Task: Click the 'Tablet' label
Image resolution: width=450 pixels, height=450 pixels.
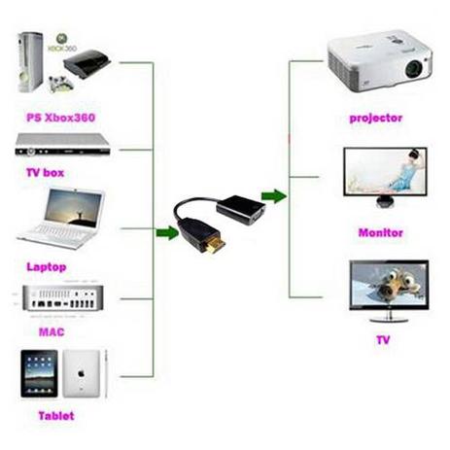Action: pos(55,416)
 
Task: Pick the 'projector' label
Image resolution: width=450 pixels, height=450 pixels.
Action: pos(374,118)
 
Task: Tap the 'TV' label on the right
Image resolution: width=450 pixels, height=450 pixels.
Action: pos(382,340)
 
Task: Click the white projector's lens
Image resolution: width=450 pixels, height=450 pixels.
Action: pos(412,69)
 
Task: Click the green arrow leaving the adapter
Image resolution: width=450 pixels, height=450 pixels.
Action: pos(275,196)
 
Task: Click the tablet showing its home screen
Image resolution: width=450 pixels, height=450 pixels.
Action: pos(37,374)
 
